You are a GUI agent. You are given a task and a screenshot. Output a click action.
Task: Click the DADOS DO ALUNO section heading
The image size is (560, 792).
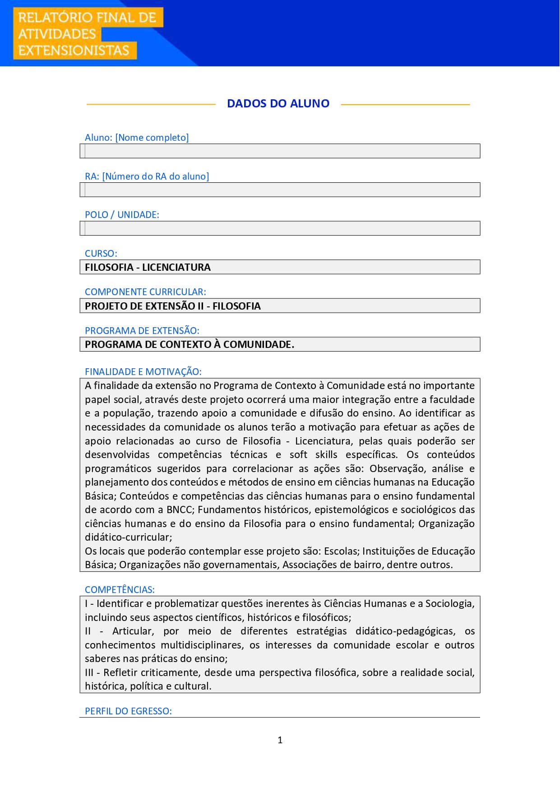coord(278,103)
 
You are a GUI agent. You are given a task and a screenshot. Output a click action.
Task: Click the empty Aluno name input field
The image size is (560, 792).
coord(280,151)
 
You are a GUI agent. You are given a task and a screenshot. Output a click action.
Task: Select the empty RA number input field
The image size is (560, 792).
coord(280,190)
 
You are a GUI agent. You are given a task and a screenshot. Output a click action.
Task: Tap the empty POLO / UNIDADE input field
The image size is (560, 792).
coord(280,228)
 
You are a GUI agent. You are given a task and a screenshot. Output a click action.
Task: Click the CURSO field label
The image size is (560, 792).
coord(101,253)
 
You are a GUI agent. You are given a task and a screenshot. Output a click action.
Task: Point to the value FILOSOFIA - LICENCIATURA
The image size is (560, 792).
coord(148,267)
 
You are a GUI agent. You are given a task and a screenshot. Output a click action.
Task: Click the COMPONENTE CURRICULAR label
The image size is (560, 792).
coord(145,292)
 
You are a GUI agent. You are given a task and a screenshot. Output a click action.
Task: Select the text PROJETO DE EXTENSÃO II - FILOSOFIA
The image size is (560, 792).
coord(173,306)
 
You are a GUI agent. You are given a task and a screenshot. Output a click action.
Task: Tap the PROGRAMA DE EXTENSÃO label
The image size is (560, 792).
coord(142,330)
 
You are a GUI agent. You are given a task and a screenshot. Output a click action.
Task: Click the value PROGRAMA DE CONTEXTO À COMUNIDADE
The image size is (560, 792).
coord(190,344)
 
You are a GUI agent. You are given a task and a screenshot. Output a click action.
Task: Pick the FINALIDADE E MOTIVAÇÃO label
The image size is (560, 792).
coord(143,371)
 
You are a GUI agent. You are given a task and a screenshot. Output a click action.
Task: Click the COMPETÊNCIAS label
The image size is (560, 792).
coord(120,589)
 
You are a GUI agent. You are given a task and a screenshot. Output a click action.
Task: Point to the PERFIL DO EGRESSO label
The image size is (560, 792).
coord(128,711)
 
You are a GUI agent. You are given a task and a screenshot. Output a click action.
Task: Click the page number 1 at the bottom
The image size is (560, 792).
coord(280,740)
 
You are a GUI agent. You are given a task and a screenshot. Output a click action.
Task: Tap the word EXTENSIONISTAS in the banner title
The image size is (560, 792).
coord(74,50)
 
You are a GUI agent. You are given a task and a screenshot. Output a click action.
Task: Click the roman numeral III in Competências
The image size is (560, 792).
coord(89,672)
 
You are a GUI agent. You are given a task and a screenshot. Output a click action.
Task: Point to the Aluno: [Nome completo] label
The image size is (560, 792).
coord(137,137)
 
